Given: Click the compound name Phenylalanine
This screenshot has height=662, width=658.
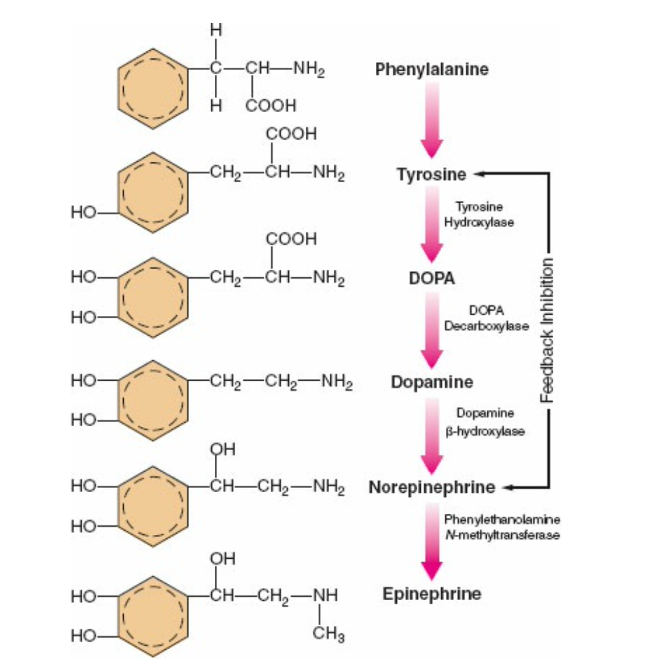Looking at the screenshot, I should [x=432, y=69].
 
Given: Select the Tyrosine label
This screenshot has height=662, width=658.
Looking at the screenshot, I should [x=432, y=175].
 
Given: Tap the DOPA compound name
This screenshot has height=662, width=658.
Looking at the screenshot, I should [x=432, y=279].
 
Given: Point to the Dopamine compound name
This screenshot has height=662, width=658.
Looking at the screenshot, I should [x=432, y=382].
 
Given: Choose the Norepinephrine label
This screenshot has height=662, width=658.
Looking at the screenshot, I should [x=432, y=487].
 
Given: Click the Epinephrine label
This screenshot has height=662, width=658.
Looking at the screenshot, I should [x=432, y=594].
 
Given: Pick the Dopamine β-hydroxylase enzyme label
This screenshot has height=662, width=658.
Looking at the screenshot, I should [x=485, y=422].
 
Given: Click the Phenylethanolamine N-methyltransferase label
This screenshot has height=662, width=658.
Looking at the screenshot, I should [x=502, y=527].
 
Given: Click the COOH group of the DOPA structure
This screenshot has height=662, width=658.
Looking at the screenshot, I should [x=292, y=239].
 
